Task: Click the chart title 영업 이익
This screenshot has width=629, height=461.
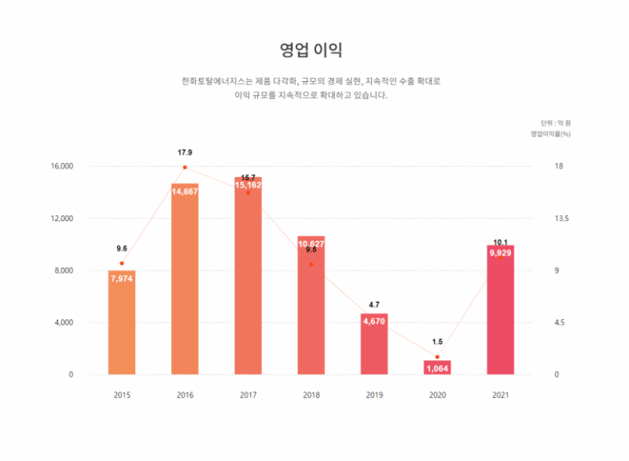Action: (311, 50)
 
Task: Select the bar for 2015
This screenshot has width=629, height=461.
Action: (122, 323)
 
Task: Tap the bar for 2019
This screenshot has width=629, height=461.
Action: (374, 344)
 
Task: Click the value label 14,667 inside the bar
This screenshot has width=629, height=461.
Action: (185, 192)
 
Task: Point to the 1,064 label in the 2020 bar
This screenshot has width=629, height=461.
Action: (437, 368)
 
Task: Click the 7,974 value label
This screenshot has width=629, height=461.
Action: (121, 278)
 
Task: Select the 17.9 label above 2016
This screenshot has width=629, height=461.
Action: (185, 152)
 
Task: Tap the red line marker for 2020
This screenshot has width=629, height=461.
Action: (437, 357)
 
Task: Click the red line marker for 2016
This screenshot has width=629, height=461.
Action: (185, 167)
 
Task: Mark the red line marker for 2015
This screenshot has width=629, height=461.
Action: (122, 264)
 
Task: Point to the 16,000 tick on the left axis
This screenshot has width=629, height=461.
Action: (62, 166)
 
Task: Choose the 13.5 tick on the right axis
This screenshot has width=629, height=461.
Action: (561, 219)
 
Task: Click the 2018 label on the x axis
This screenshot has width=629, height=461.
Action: (311, 395)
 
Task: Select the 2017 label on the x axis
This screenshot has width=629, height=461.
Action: (248, 395)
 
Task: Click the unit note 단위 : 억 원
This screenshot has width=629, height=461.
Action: (555, 122)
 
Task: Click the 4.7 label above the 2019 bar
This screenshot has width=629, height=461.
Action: (374, 305)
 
